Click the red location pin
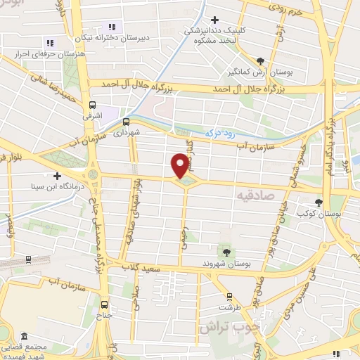pos(180,166)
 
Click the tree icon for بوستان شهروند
pos(226,252)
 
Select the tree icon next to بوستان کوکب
pos(319,202)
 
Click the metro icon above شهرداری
pos(127,122)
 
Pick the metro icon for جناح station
pos(105,304)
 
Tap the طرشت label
pos(225,307)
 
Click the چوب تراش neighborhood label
pos(229,327)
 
